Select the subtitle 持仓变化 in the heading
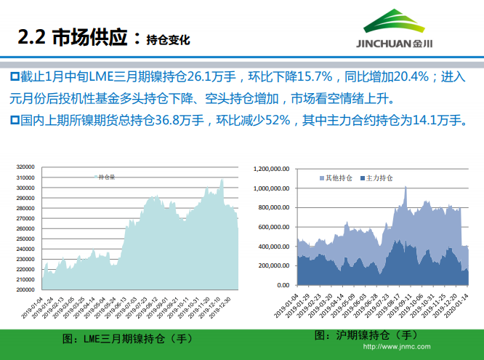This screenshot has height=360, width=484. [168, 40]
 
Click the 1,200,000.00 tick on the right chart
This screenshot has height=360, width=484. [273, 169]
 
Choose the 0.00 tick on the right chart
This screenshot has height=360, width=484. [283, 286]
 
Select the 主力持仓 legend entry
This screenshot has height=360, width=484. [377, 177]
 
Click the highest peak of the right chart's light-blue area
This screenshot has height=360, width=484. [406, 188]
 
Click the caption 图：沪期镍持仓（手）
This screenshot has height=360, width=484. [366, 335]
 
